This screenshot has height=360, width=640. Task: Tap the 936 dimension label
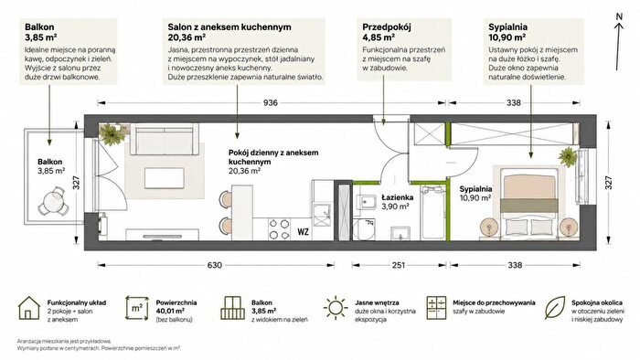pyautogui.click(x=271, y=102)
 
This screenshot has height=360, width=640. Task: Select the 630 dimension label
pyautogui.click(x=215, y=265)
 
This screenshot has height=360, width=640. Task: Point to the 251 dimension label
pyautogui.click(x=399, y=265)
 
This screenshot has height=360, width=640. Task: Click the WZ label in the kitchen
pyautogui.click(x=303, y=232)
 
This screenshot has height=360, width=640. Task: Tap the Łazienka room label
pyautogui.click(x=397, y=197)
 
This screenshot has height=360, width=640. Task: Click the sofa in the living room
pyautogui.click(x=165, y=141)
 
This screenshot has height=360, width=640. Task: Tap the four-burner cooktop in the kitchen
pyautogui.click(x=279, y=229)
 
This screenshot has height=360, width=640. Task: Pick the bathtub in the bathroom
pyautogui.click(x=432, y=212)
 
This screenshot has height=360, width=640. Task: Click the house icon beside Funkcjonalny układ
pyautogui.click(x=28, y=308)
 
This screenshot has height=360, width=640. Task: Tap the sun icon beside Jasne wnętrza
pyautogui.click(x=336, y=307)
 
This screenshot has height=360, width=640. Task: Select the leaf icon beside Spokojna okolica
pyautogui.click(x=556, y=307)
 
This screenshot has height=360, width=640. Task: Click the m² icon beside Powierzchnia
pyautogui.click(x=137, y=308)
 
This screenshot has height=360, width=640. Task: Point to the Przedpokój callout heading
pyautogui.click(x=386, y=27)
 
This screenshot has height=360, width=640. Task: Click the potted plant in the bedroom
pyautogui.click(x=568, y=156)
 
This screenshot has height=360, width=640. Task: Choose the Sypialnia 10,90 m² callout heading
pyautogui.click(x=507, y=32)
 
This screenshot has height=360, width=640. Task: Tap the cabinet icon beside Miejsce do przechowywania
pyautogui.click(x=437, y=308)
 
